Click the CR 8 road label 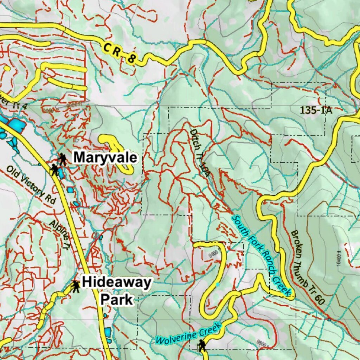[x=120, y=53]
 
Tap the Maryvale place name [x=105, y=158]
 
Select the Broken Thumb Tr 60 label [x=308, y=267]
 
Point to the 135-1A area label [x=316, y=110]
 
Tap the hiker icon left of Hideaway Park [x=75, y=287]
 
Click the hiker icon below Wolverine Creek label [x=201, y=345]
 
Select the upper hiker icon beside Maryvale [x=63, y=159]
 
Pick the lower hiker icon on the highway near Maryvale [x=54, y=170]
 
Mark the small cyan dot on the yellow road [x=218, y=284]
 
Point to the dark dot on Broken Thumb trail [x=329, y=320]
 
